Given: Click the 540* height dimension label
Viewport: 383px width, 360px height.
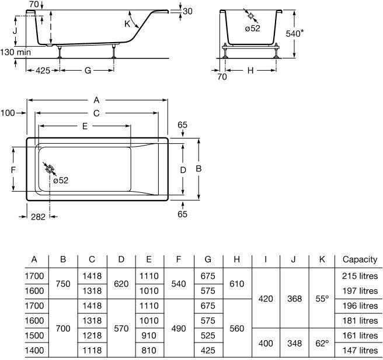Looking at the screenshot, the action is pos(295,33).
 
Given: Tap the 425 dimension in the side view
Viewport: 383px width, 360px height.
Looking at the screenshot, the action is pos(43,71).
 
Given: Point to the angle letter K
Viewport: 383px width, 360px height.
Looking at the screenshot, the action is pos(127,24).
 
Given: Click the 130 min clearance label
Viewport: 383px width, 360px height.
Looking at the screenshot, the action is pos(16,52).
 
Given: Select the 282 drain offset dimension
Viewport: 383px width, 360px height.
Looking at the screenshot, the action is pos(38,217).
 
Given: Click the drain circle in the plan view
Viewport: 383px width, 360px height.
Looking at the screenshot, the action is pos(50,169).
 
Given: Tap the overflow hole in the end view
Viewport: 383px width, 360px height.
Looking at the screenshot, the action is pos(250,16).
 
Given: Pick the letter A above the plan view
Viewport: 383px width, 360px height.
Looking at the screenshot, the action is pos(97,100).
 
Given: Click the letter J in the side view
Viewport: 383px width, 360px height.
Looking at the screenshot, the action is pos(15,31).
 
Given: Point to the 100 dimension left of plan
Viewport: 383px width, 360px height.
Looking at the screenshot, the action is pos(8,113).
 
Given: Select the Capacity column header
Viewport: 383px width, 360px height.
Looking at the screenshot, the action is pos(360,259).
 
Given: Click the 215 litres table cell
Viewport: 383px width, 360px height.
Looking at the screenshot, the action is pos(360,276).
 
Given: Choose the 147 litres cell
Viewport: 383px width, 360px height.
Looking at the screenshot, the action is pos(360,351).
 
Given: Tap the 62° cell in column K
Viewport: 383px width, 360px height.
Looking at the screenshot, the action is pos(322,344).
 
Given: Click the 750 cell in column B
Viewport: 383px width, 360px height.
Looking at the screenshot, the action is pos(63,283).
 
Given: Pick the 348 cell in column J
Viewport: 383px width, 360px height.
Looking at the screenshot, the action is pos(294,344).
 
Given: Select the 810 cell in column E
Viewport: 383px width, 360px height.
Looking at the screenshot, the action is pos(149,351).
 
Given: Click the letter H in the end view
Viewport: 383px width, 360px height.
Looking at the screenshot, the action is pos(250,71).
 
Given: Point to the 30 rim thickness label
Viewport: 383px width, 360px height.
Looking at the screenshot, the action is pos(187,11).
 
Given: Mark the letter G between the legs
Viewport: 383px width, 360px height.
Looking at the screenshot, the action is pos(88,71).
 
